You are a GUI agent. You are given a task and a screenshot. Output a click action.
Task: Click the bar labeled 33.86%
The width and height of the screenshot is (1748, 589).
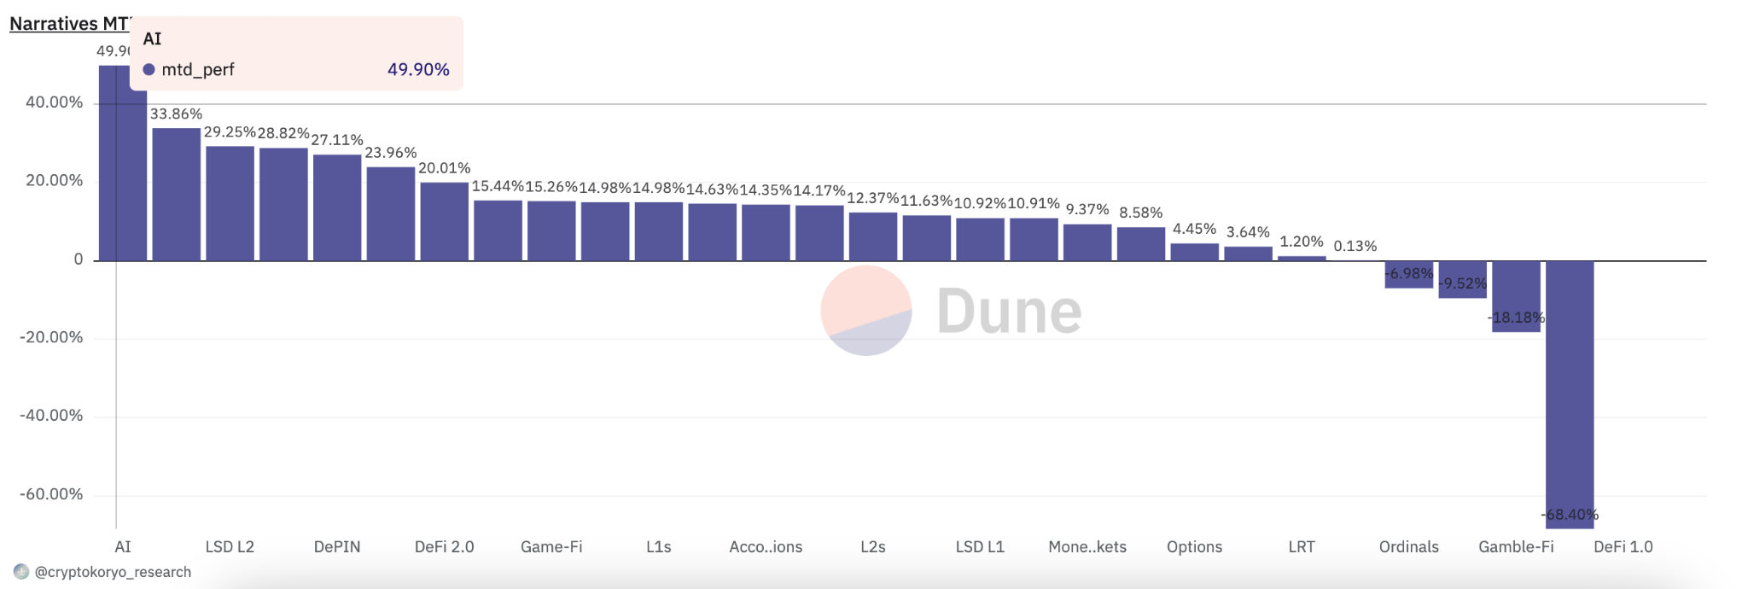[x=176, y=195]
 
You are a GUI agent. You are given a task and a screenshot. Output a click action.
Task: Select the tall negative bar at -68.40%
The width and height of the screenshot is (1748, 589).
[x=1570, y=393]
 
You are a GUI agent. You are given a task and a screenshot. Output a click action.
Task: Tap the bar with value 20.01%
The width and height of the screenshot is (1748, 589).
[x=444, y=221]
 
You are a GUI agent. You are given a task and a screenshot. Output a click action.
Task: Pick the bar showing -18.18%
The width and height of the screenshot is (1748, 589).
[x=1516, y=296]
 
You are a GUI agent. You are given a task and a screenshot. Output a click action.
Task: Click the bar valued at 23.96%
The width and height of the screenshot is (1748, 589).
[x=391, y=213]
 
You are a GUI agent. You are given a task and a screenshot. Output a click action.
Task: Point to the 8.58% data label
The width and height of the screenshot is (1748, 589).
[x=1140, y=213]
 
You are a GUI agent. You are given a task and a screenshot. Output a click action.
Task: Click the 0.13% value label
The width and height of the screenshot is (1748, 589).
[x=1355, y=246]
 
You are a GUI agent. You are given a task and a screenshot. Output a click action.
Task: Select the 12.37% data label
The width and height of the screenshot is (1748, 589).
[x=872, y=198]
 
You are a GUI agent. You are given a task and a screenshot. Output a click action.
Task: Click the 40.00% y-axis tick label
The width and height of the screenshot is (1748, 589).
[x=55, y=102]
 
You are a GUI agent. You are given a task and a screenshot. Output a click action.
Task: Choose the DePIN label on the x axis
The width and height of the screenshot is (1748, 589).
[x=337, y=547]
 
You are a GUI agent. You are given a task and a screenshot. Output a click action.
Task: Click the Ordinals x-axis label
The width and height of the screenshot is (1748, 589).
[x=1408, y=547]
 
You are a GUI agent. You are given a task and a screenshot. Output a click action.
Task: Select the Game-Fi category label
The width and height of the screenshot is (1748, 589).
[x=551, y=547]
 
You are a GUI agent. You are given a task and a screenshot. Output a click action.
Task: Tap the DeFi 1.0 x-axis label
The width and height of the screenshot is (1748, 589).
[x=1623, y=547]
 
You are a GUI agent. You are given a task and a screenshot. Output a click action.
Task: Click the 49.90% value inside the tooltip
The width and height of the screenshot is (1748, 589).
[x=418, y=70]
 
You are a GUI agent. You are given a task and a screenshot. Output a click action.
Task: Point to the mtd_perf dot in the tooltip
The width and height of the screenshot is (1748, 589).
[x=149, y=70]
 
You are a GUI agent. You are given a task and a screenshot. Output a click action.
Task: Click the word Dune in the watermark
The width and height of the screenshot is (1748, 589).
[x=1009, y=312]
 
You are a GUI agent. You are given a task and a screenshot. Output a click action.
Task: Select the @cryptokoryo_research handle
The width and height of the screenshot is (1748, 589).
[x=113, y=572]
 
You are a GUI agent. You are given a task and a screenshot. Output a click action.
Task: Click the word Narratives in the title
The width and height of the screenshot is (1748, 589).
[x=54, y=24]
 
